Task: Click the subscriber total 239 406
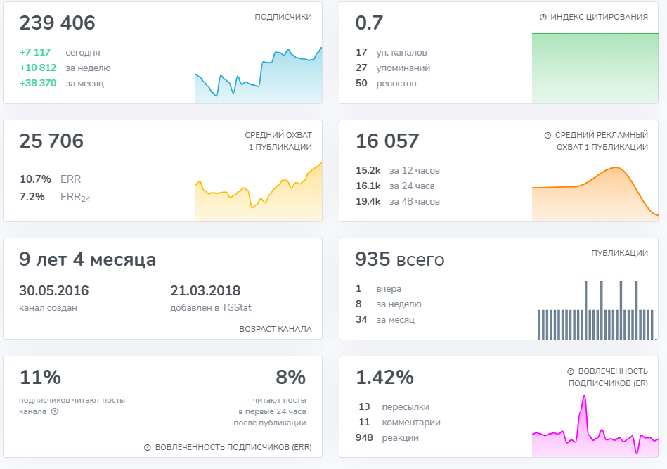tap(57, 23)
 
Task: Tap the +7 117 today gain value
tap(35, 53)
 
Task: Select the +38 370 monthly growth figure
tap(38, 84)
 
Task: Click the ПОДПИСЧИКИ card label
tap(283, 17)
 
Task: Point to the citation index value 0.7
tap(369, 23)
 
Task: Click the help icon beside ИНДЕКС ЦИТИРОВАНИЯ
tap(543, 17)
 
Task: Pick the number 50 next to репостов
tap(361, 84)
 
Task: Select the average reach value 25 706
tap(51, 141)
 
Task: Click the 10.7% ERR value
tap(35, 179)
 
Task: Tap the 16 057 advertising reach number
tap(387, 141)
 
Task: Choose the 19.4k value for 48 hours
tap(368, 202)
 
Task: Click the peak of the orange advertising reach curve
tap(616, 168)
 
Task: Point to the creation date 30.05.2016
tap(53, 291)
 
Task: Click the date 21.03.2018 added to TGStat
tap(205, 291)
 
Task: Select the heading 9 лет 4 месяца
tap(87, 259)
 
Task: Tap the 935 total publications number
tap(373, 259)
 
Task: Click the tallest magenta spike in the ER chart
tap(583, 397)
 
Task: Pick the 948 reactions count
tap(364, 438)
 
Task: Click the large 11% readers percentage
tap(40, 378)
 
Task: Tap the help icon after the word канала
tap(55, 411)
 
